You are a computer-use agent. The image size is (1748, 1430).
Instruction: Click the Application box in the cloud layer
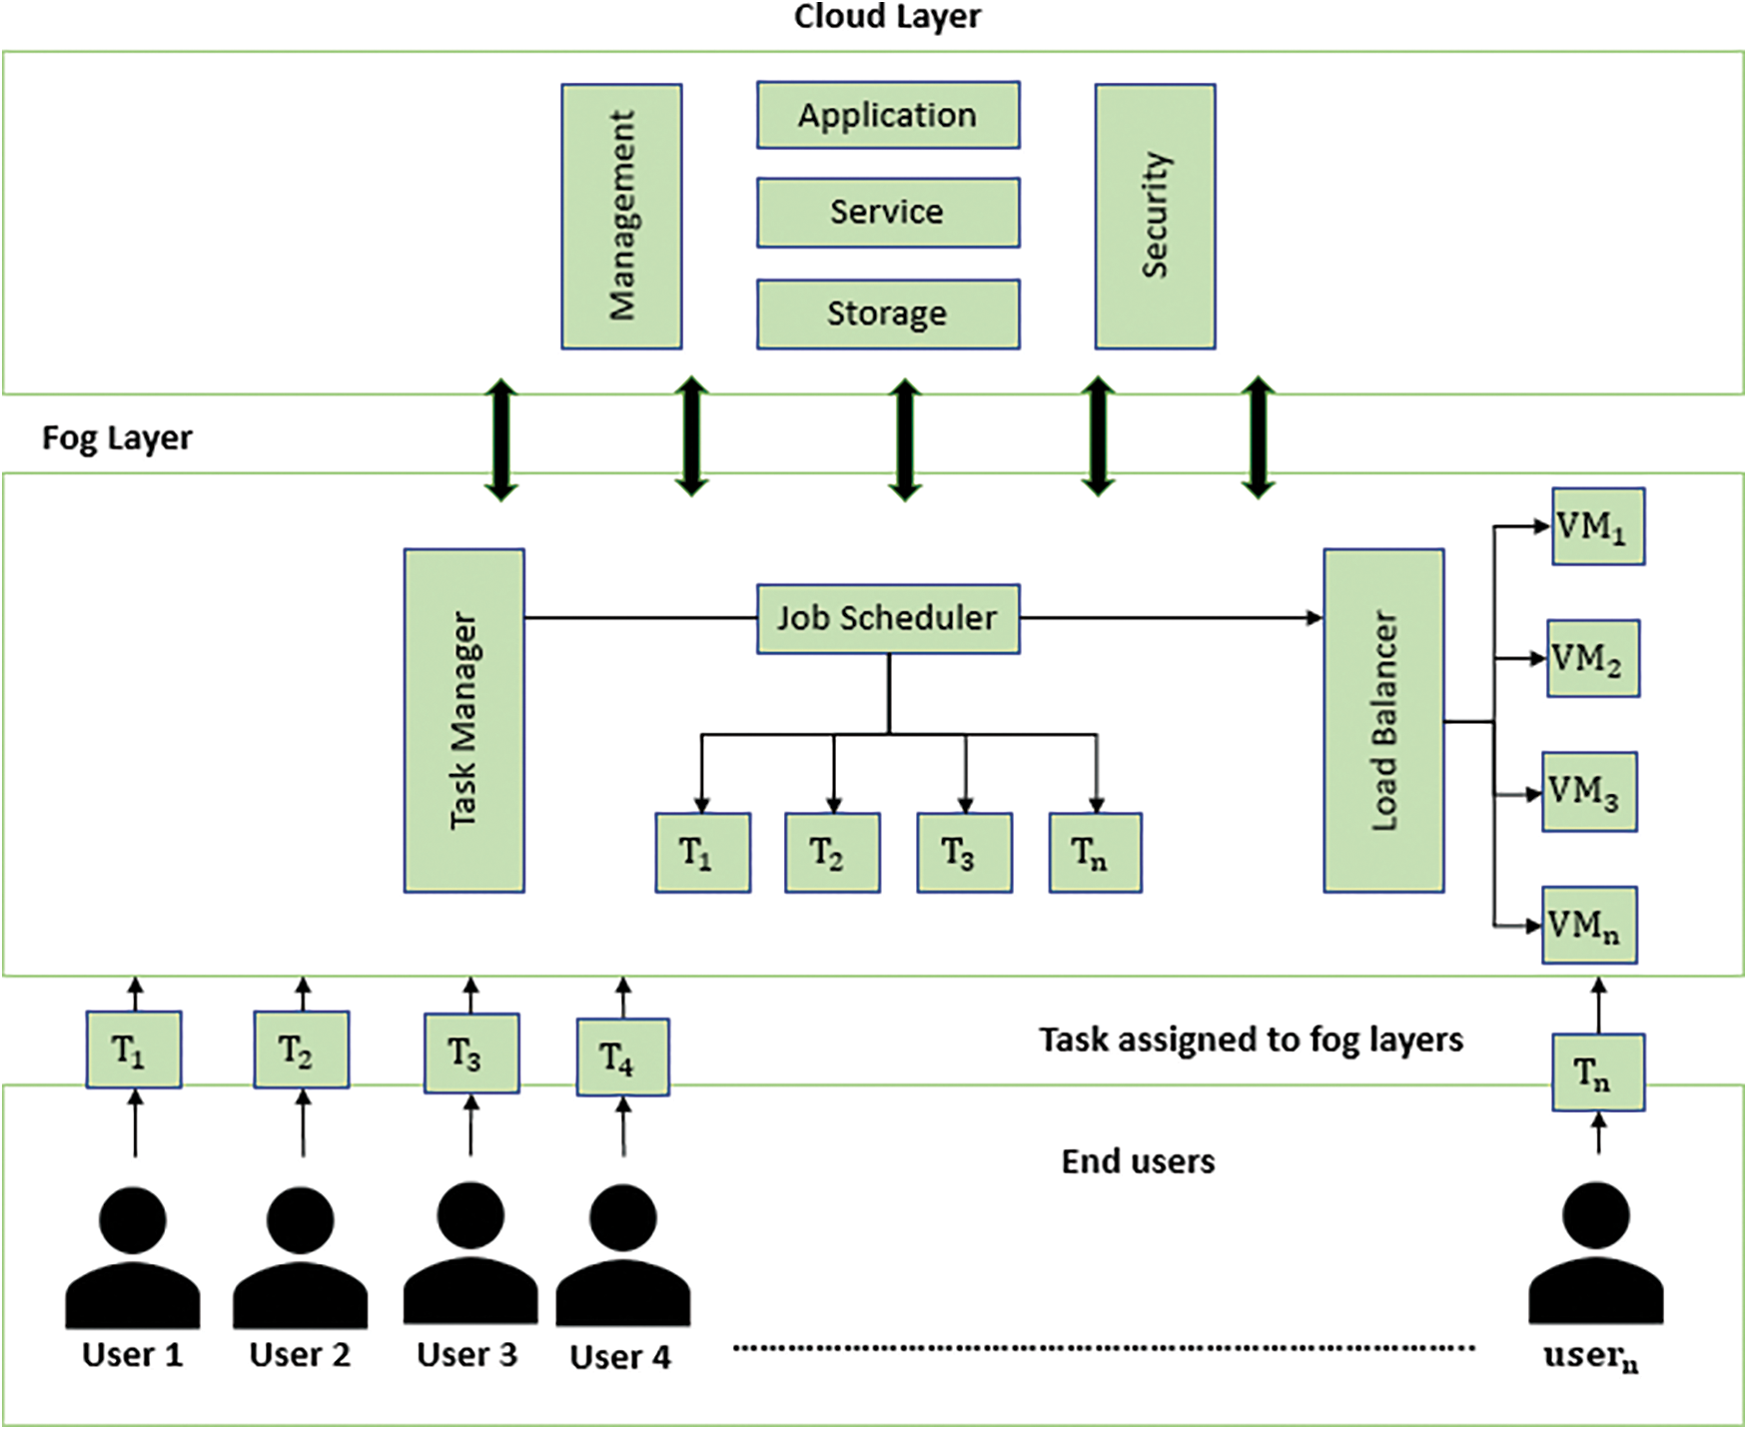(x=888, y=115)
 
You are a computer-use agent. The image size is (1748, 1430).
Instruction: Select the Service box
(x=888, y=212)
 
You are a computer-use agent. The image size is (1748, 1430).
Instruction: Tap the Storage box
(x=888, y=314)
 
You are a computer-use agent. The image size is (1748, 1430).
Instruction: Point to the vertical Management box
(x=621, y=216)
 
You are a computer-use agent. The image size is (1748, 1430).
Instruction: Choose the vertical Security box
(x=1155, y=216)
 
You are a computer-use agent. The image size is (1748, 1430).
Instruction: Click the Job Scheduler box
(x=888, y=619)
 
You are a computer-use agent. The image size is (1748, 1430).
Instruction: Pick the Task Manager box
(x=464, y=720)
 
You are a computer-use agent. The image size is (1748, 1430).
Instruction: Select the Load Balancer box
(x=1383, y=720)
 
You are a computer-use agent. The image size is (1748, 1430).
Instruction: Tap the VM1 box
(x=1597, y=526)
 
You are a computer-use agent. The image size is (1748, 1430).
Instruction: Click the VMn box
(x=1588, y=925)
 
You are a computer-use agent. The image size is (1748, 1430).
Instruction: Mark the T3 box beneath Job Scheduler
(x=964, y=852)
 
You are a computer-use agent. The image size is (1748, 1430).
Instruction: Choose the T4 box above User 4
(x=622, y=1057)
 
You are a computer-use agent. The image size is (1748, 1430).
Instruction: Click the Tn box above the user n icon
(x=1597, y=1073)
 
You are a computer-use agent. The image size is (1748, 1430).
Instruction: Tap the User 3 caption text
(x=467, y=1354)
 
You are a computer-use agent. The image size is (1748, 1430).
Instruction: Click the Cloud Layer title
(x=887, y=16)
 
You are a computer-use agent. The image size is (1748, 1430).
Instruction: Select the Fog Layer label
(x=117, y=437)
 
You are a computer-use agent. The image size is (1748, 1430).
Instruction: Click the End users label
(x=1138, y=1161)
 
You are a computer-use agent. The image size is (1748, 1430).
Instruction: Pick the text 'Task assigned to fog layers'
(x=1251, y=1040)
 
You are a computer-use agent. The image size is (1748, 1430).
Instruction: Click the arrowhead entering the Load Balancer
(x=1314, y=618)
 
